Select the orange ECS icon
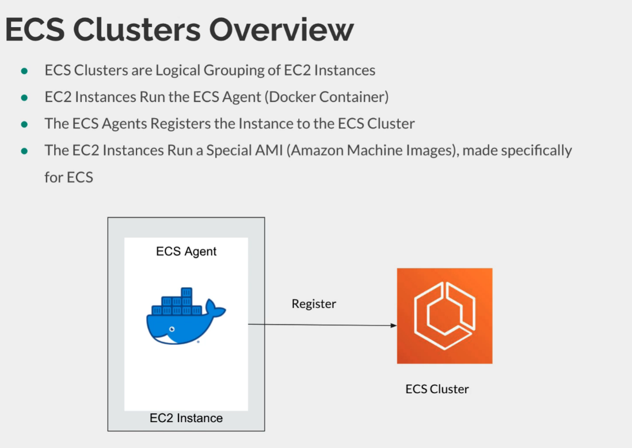pyautogui.click(x=444, y=316)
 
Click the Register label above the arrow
pyautogui.click(x=314, y=304)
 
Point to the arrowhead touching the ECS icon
pyautogui.click(x=394, y=326)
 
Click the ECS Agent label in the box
pyautogui.click(x=186, y=252)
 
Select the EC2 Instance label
pyautogui.click(x=186, y=418)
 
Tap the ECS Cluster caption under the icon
pyautogui.click(x=437, y=389)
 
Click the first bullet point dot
pyautogui.click(x=24, y=71)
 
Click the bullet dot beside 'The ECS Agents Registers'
pyautogui.click(x=24, y=124)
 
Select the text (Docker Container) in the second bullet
pyautogui.click(x=326, y=97)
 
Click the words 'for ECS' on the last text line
pyautogui.click(x=68, y=177)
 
